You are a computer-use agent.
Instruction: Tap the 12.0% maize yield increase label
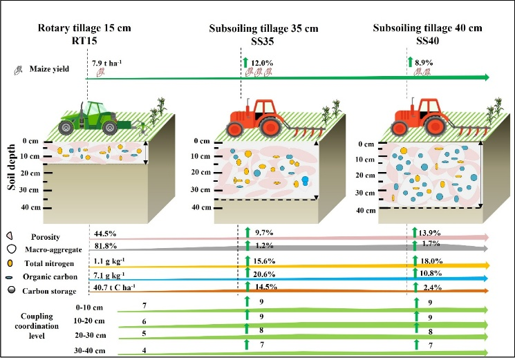[x=263, y=63]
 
